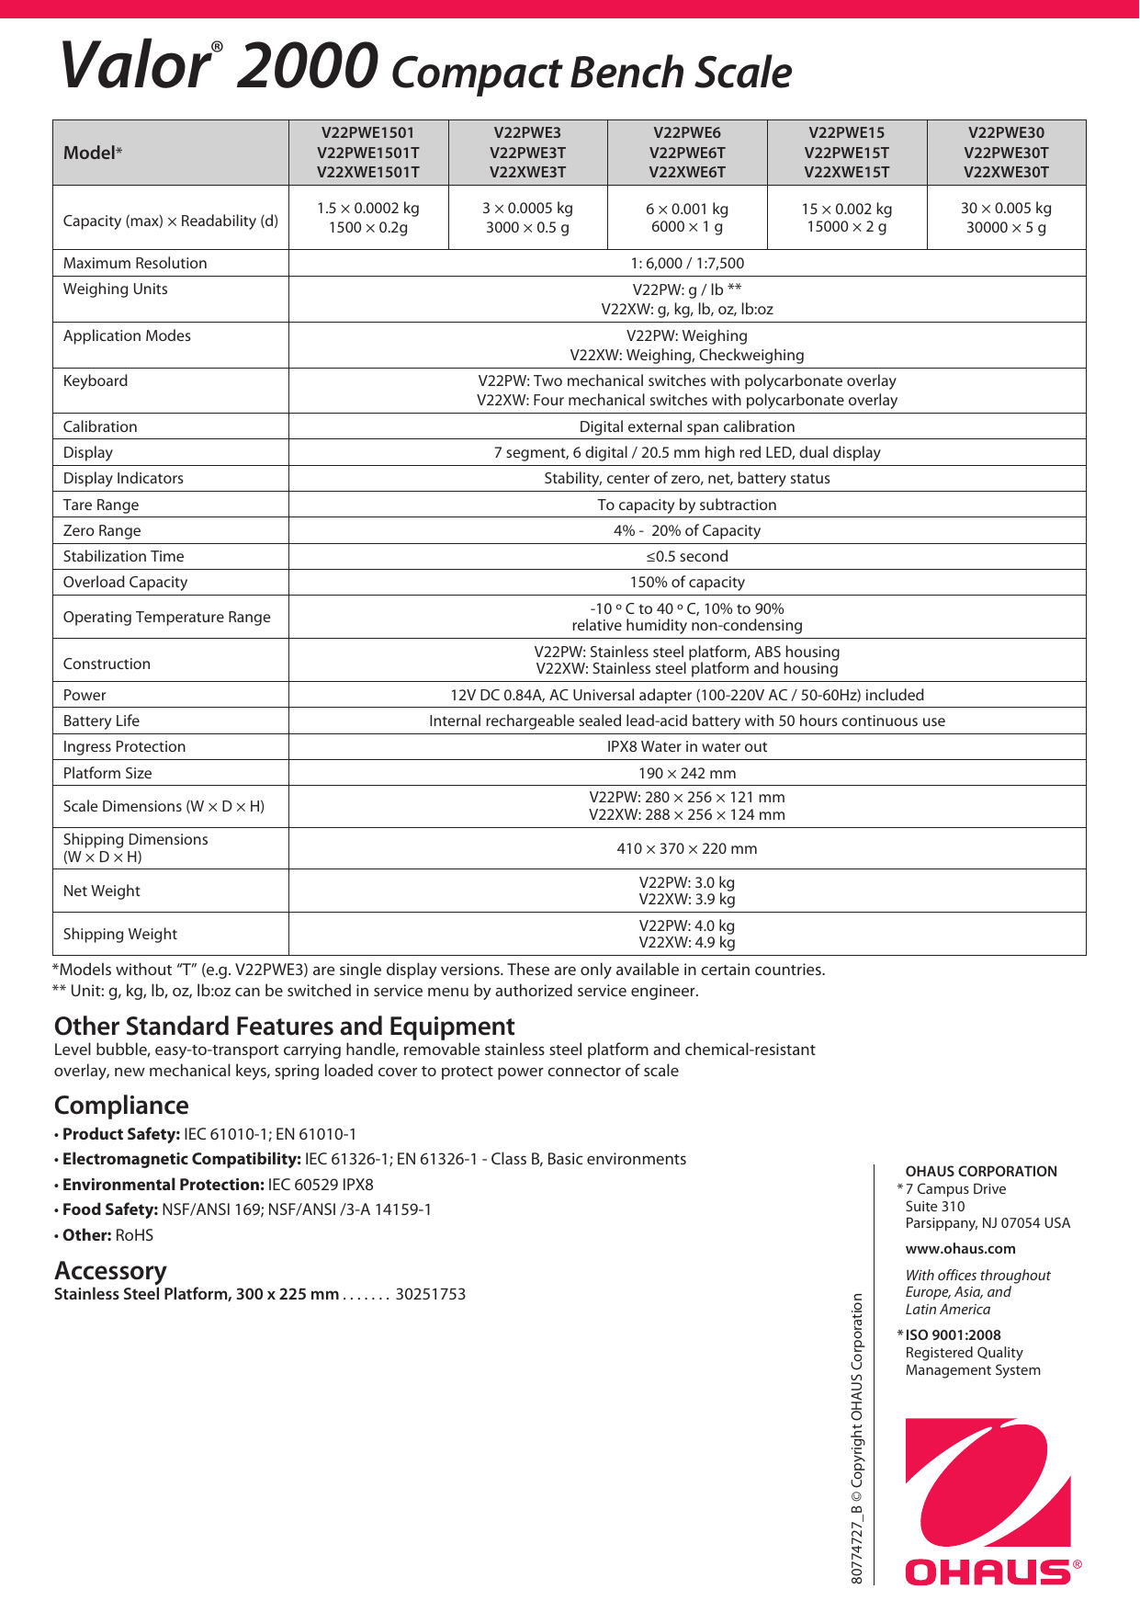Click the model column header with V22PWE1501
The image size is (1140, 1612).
pos(367,153)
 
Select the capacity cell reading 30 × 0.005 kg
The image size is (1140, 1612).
pos(1006,218)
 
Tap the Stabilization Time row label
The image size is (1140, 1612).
pos(123,556)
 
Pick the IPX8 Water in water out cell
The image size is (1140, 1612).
pos(686,746)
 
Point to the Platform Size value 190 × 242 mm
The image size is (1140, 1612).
pos(686,773)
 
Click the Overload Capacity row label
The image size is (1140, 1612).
pos(125,582)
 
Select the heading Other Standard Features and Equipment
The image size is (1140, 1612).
pos(284,1026)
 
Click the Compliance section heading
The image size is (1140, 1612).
pos(121,1105)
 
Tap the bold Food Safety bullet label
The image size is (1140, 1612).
pos(110,1209)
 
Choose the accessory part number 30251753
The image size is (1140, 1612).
pos(430,1294)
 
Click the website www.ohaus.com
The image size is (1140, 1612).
pos(960,1249)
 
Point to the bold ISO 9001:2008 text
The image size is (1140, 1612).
pos(953,1335)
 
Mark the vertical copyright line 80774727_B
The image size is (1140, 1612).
pos(857,1438)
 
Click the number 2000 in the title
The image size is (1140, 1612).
pos(307,66)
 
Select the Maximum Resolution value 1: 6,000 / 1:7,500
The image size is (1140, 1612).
pos(686,263)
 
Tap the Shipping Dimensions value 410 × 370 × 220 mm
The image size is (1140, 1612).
pos(686,848)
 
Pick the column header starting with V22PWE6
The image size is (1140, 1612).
pos(686,153)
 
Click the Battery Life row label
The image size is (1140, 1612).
pos(101,721)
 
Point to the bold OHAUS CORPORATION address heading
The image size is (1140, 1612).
pos(980,1172)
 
